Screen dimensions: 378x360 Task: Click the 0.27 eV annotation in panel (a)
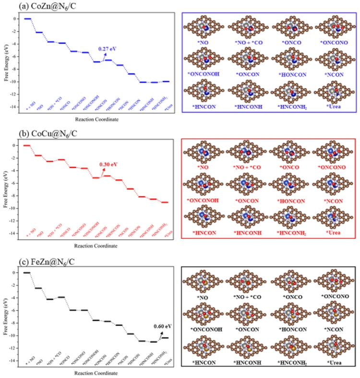(x=107, y=49)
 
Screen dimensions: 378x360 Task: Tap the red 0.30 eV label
(x=108, y=164)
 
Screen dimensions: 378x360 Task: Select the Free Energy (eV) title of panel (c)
(x=5, y=317)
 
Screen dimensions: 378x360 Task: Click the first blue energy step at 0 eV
(x=27, y=19)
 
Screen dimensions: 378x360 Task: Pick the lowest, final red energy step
(x=165, y=202)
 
